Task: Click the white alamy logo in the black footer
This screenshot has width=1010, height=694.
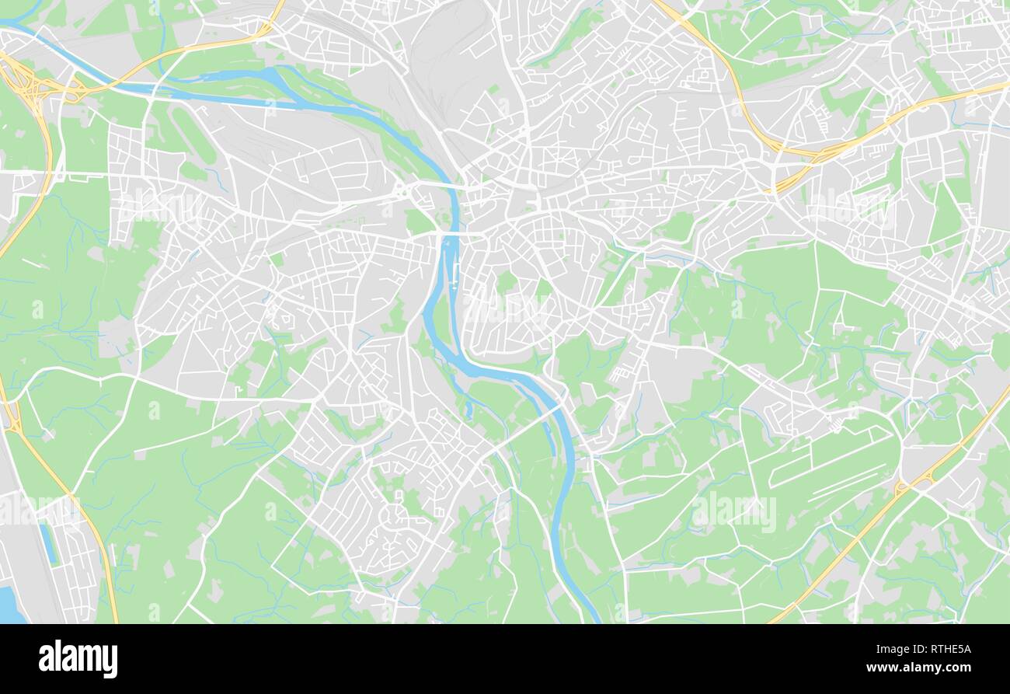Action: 78,659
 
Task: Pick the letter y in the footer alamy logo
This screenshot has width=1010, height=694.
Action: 110,661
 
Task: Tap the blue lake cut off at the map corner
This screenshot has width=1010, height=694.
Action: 9,605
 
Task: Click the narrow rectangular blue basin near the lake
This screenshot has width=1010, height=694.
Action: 47,543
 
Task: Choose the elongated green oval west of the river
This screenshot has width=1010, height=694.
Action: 193,135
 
